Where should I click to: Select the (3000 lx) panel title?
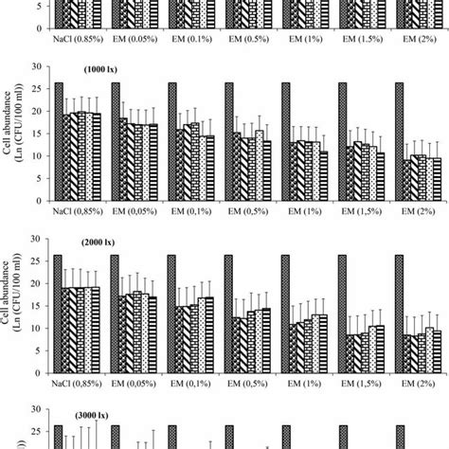click(84, 415)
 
